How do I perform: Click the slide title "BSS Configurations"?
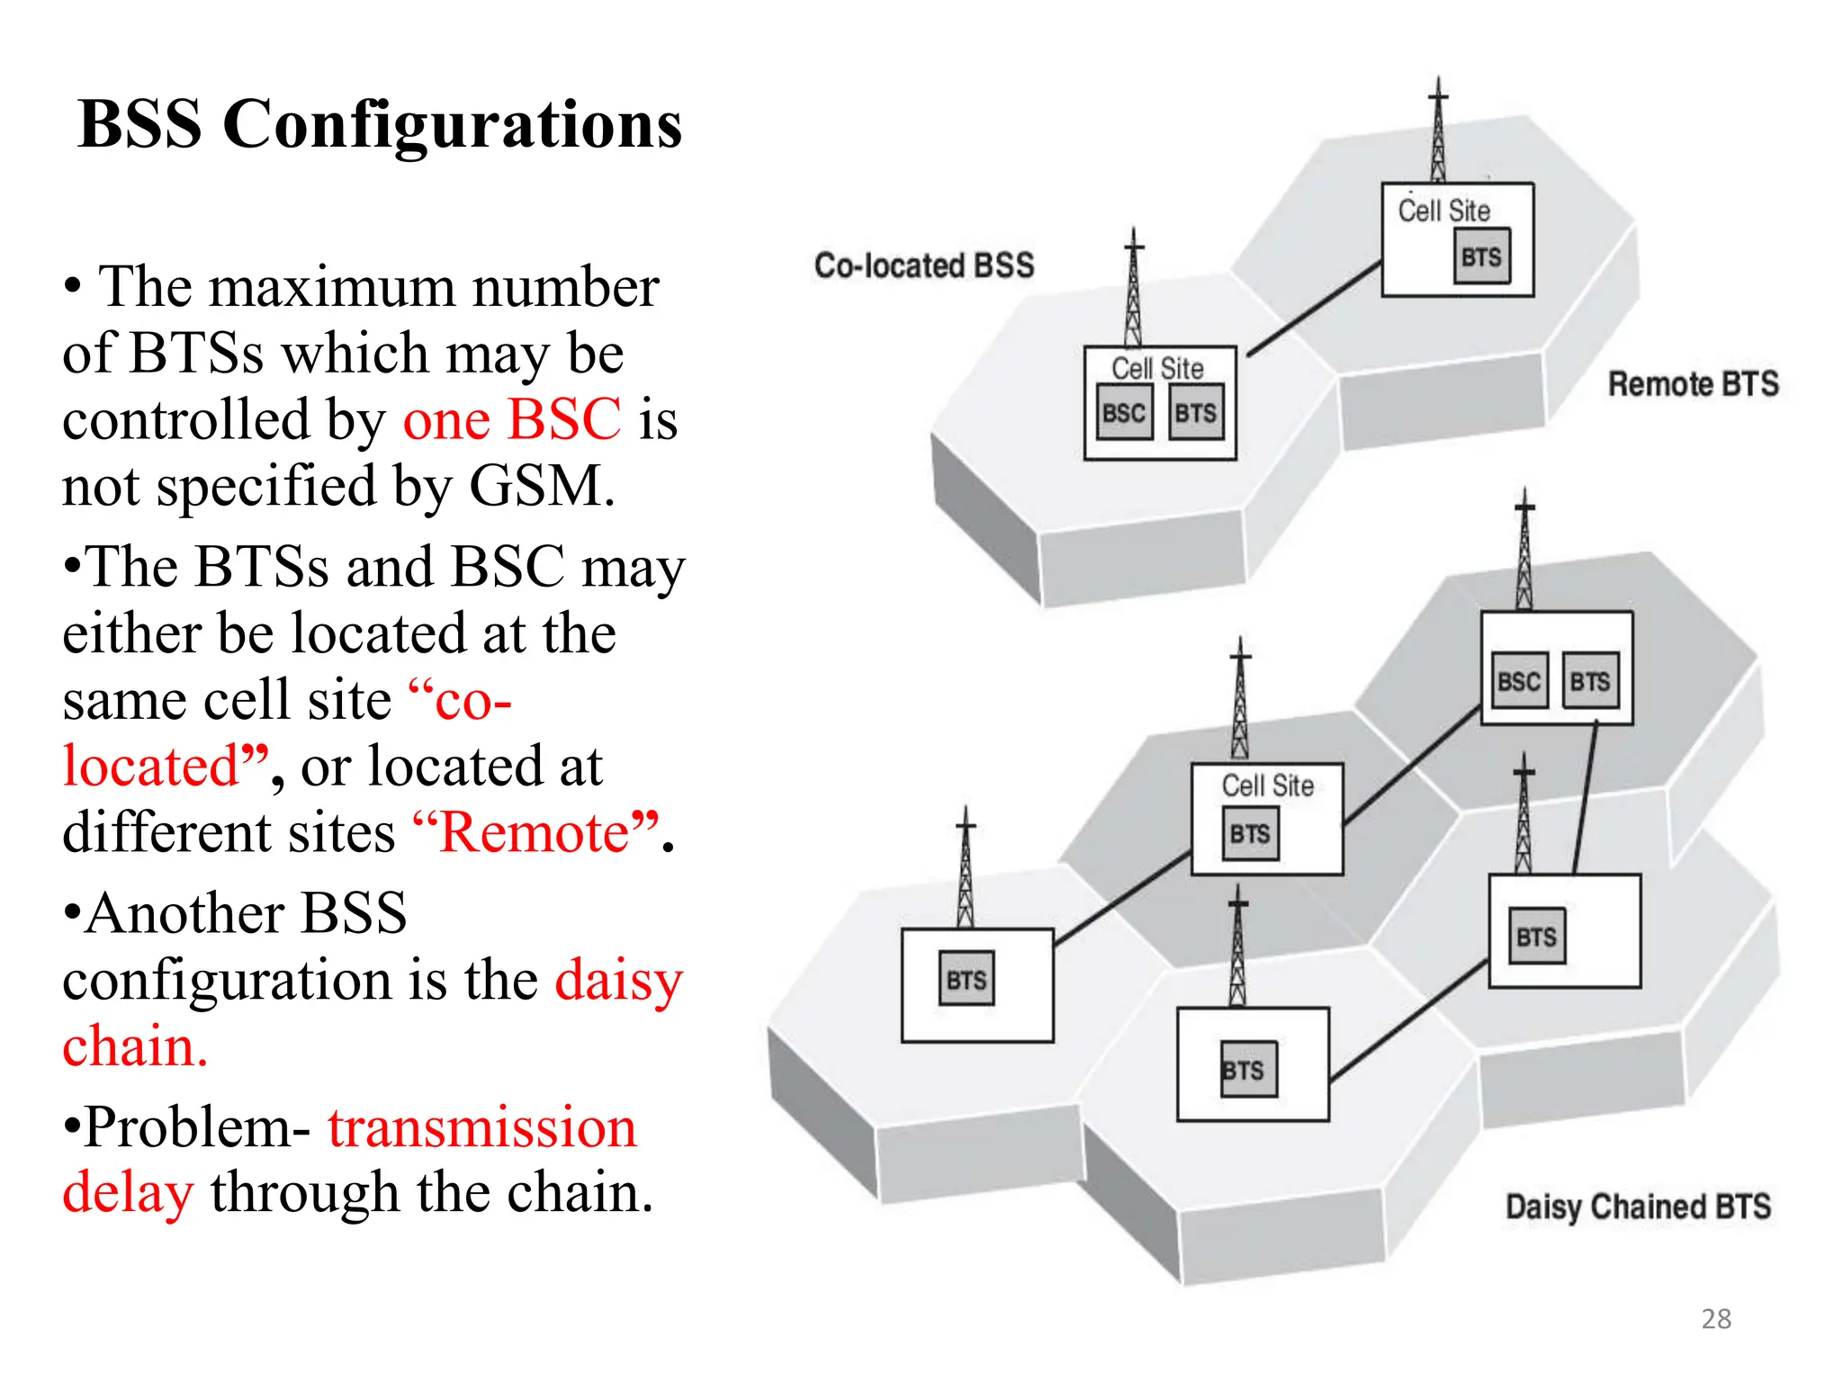[x=380, y=124]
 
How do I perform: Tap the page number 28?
[x=1715, y=1319]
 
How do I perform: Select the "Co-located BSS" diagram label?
[x=924, y=265]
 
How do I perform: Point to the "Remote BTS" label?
[x=1693, y=384]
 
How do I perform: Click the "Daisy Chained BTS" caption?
[x=1638, y=1207]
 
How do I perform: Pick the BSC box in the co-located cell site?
[x=1124, y=413]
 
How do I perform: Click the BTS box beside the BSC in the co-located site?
[x=1196, y=413]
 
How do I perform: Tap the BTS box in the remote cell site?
[x=1481, y=257]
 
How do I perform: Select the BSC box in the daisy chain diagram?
[x=1519, y=681]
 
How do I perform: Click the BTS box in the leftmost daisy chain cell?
[x=966, y=979]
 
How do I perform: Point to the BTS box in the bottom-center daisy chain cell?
[x=1246, y=1070]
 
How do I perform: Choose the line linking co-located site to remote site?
[x=1314, y=308]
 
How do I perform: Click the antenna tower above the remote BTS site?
[x=1438, y=130]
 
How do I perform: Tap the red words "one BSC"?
[x=511, y=419]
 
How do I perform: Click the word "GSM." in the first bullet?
[x=542, y=486]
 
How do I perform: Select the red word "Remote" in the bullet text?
[x=535, y=832]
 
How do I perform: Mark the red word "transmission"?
[x=481, y=1127]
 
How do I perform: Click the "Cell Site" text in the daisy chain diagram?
[x=1267, y=785]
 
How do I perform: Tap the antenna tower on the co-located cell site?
[x=1134, y=288]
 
